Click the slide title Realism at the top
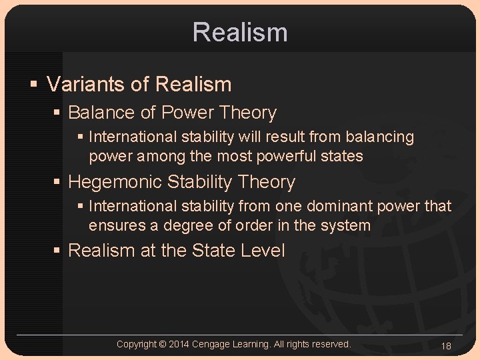(x=240, y=32)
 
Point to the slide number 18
(x=446, y=345)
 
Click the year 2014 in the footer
(x=180, y=344)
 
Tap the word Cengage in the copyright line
(x=213, y=344)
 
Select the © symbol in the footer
(x=163, y=344)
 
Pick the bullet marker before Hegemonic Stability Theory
(x=59, y=182)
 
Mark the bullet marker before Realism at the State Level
(x=59, y=251)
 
